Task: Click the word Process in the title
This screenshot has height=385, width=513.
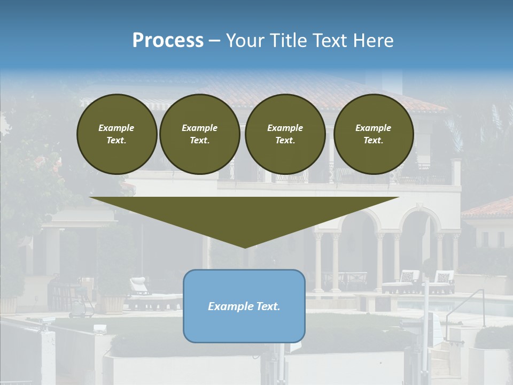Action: (168, 41)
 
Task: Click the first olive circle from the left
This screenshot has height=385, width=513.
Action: (116, 134)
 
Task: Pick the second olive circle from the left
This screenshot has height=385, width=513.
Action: (199, 134)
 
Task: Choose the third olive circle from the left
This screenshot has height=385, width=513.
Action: (285, 134)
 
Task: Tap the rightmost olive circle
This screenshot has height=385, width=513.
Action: (373, 134)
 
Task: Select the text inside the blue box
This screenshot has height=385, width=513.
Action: (244, 306)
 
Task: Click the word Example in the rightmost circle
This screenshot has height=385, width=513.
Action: (373, 128)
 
